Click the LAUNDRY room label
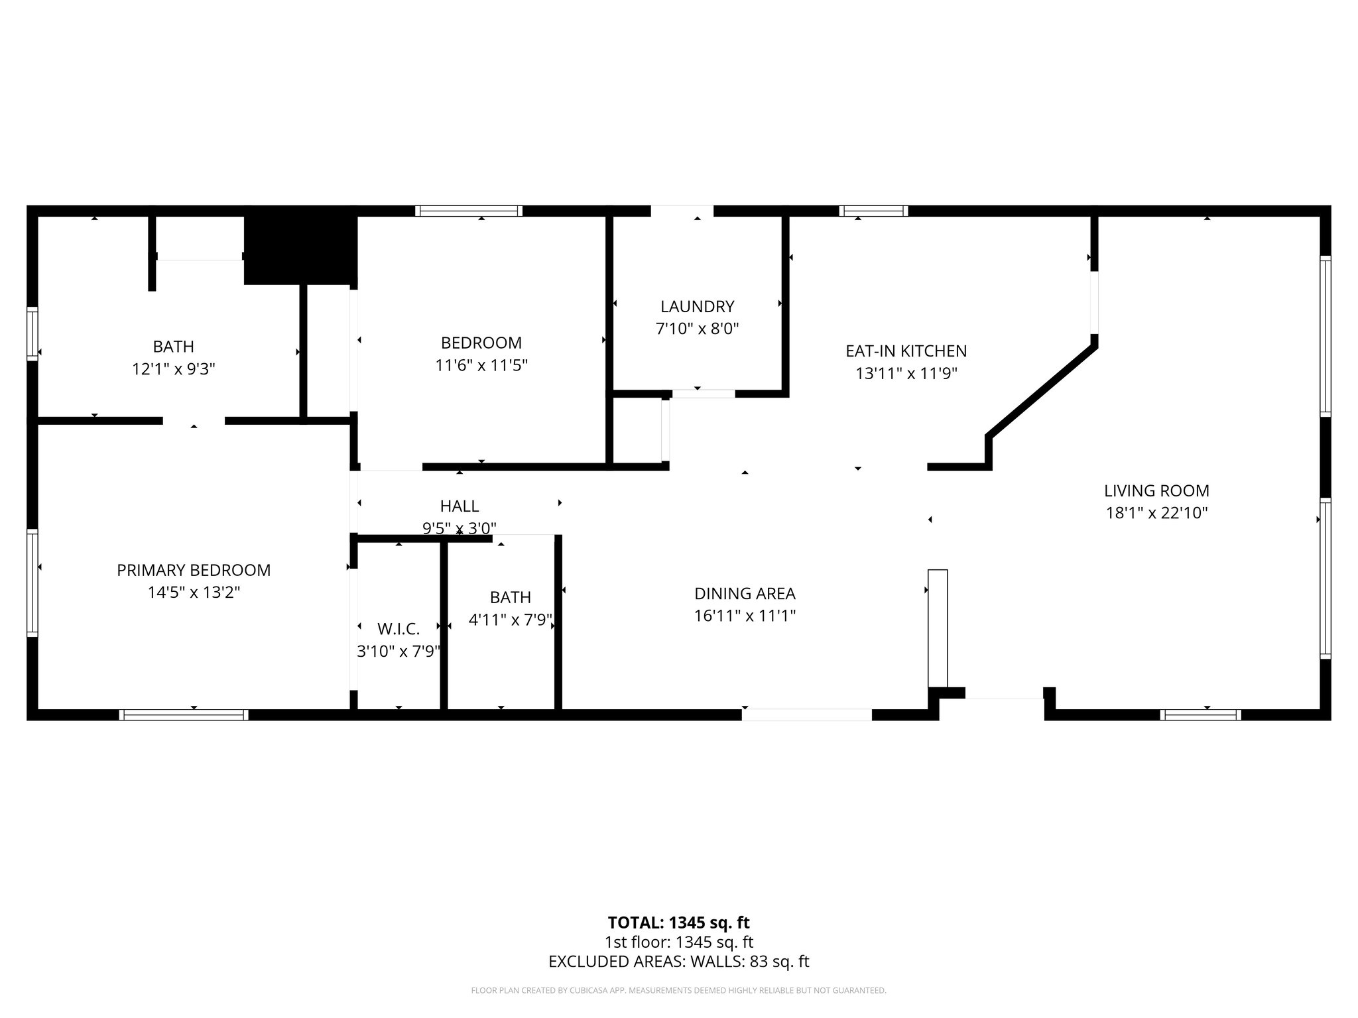pyautogui.click(x=697, y=307)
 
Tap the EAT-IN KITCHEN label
pyautogui.click(x=906, y=351)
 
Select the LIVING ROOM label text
pyautogui.click(x=1156, y=491)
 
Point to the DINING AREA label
pyautogui.click(x=745, y=594)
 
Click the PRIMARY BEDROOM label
pyautogui.click(x=194, y=570)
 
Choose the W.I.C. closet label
pyautogui.click(x=398, y=630)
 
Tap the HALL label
pyautogui.click(x=460, y=506)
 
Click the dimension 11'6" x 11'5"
pyautogui.click(x=481, y=365)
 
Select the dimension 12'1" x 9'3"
pyautogui.click(x=174, y=369)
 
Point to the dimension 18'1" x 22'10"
pyautogui.click(x=1156, y=513)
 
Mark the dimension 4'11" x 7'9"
pyautogui.click(x=510, y=620)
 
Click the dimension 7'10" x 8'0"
pyautogui.click(x=697, y=329)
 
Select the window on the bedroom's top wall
pyautogui.click(x=469, y=211)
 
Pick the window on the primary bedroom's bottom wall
pyautogui.click(x=184, y=714)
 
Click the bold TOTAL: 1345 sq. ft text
pyautogui.click(x=678, y=923)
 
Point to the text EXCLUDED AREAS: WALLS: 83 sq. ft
pyautogui.click(x=678, y=962)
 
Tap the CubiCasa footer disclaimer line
pyautogui.click(x=678, y=991)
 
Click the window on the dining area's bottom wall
pyautogui.click(x=806, y=714)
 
